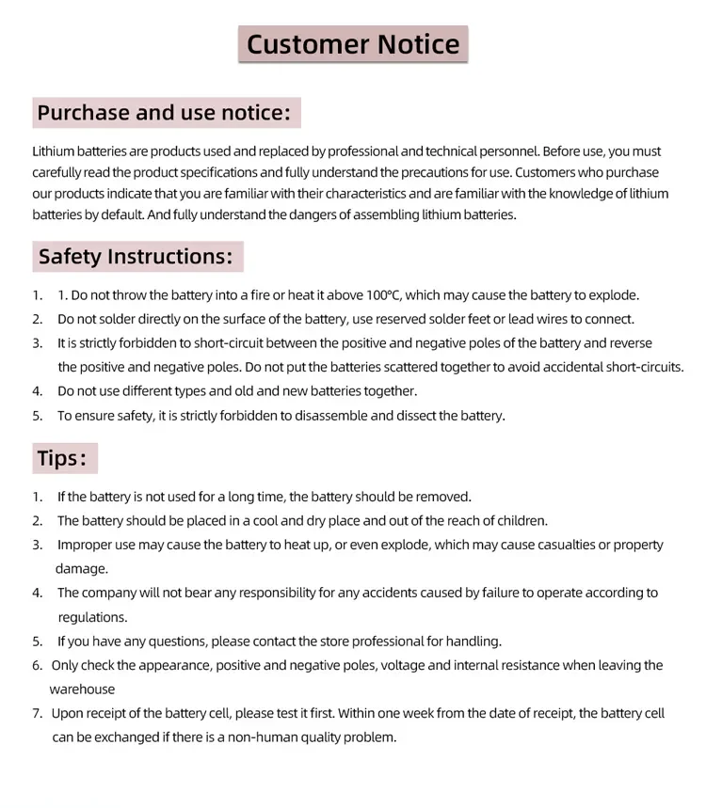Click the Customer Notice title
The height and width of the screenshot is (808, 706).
point(353,44)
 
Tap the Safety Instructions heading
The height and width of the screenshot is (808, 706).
point(136,257)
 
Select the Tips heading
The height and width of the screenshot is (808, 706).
point(62,458)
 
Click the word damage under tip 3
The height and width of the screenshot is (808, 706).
point(82,569)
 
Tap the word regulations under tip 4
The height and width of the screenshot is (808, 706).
point(92,618)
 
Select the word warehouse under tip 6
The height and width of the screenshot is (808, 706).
point(83,689)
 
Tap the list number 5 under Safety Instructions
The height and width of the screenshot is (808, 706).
point(38,416)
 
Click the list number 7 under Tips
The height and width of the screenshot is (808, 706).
point(37,714)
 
